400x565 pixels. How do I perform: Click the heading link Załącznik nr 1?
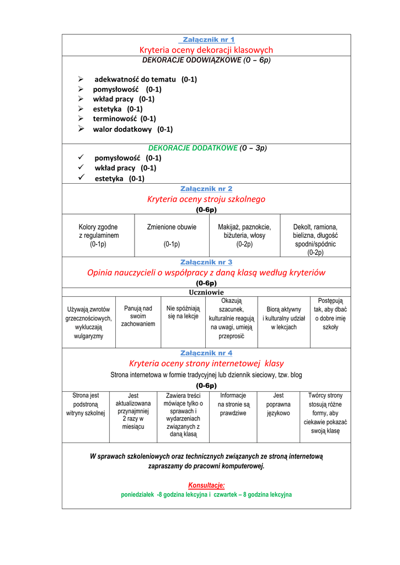207,40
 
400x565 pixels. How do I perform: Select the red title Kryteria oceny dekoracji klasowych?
206,50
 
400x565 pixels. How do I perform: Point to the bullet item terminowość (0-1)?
124,119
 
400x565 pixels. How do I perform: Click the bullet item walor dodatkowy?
132,129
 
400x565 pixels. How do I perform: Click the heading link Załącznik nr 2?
206,189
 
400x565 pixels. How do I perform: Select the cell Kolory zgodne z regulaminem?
98,236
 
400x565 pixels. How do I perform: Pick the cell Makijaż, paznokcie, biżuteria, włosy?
244,236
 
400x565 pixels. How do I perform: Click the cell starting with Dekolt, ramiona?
315,239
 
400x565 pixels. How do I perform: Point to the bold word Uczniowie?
206,292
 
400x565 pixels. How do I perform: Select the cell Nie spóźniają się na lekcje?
183,312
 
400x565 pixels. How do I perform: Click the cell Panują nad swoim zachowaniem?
138,316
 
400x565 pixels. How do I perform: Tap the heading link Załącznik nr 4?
206,353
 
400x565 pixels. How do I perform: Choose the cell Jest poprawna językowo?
279,404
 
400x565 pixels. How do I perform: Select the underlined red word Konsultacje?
206,485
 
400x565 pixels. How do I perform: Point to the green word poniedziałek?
138,495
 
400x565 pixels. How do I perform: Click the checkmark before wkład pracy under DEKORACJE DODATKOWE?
81,167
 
